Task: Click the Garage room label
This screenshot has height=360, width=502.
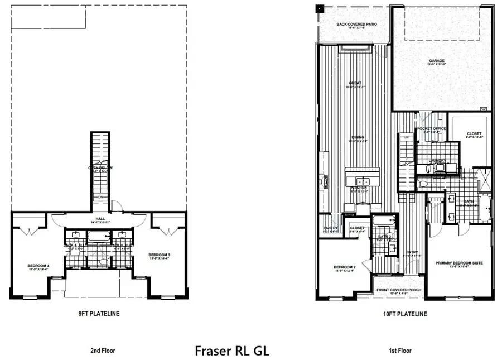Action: click(x=436, y=61)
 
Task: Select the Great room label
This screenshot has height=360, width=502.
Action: click(x=355, y=84)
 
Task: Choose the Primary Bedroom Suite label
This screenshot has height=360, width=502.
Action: click(x=459, y=262)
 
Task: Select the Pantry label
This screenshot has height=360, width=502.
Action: click(x=331, y=228)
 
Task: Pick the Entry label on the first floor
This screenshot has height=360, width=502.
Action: click(x=412, y=252)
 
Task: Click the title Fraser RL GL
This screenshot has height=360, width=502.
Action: click(x=231, y=351)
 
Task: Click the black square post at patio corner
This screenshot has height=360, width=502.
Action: click(x=320, y=9)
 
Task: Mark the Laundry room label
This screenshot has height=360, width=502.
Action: click(x=436, y=160)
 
